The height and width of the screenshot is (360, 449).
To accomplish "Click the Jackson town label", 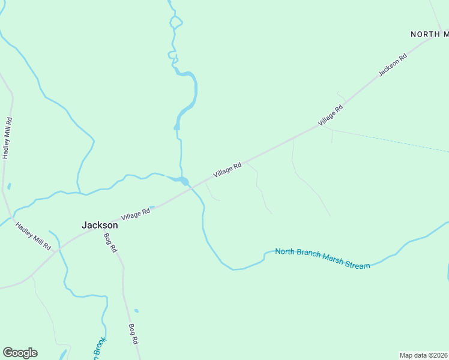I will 100,225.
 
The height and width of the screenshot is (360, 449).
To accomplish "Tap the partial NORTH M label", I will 429,34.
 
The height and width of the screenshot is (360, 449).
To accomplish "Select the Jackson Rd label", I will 393,65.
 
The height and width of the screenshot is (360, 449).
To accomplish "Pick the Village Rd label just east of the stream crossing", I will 228,170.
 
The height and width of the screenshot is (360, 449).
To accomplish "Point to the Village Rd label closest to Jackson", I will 135,214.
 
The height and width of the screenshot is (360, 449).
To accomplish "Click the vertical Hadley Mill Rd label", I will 7,137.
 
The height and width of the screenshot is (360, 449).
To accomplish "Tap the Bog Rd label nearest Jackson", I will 110,242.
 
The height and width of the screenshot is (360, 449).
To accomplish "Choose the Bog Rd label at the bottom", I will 134,334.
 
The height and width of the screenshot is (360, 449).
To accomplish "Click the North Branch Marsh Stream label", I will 322,259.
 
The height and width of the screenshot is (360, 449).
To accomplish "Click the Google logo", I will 20,353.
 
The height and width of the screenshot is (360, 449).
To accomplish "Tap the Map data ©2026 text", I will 423,355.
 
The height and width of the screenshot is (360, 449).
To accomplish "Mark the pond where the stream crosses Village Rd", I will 184,181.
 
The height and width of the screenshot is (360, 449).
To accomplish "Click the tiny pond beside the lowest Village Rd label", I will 152,208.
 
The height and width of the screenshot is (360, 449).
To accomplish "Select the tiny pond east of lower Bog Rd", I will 137,311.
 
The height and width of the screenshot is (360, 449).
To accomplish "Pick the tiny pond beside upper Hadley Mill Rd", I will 9,187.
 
